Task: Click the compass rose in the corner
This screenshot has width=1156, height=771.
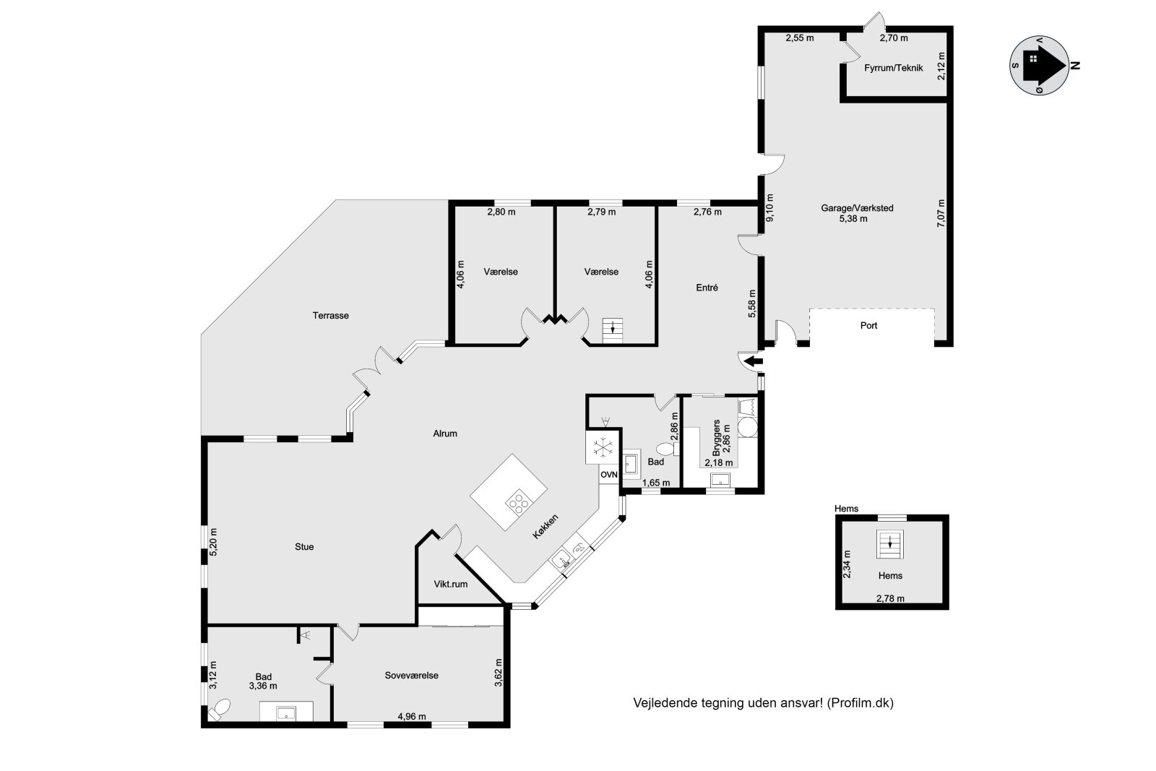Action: click(1038, 65)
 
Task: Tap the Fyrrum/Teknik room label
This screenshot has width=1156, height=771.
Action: click(893, 68)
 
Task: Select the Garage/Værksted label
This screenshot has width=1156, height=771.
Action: click(857, 208)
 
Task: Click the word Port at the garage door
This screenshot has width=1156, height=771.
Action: click(868, 326)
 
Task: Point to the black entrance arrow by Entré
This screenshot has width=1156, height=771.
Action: click(754, 361)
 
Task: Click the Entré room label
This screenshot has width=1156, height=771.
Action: click(707, 288)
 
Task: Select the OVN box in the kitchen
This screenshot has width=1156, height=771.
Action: click(609, 475)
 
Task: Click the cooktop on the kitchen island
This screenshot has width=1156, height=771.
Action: click(518, 500)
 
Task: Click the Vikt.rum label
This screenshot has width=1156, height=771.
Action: click(450, 584)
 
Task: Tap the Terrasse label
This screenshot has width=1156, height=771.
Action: click(331, 315)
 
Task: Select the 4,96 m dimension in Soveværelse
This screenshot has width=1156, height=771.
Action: click(412, 717)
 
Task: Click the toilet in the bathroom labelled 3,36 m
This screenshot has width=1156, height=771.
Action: click(219, 710)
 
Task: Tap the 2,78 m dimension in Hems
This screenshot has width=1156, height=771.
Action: click(890, 598)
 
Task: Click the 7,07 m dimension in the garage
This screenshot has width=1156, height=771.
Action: click(940, 214)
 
